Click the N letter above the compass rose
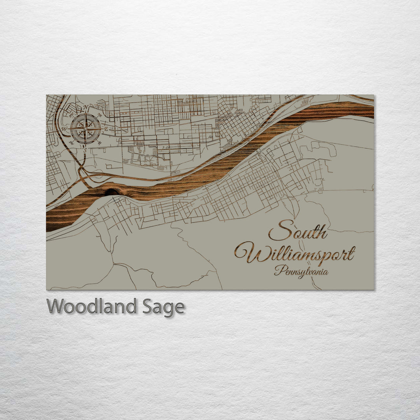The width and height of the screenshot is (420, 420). [86, 108]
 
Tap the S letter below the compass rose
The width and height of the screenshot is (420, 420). [86, 150]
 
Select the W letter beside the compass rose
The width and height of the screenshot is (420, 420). [65, 129]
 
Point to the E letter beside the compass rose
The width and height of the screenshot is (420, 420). [106, 129]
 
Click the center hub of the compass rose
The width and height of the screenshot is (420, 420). [86, 129]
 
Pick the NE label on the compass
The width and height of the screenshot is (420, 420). [100, 115]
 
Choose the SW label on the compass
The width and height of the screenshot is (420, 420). [71, 143]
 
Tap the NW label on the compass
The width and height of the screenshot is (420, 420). [71, 115]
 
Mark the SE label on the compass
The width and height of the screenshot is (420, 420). [100, 143]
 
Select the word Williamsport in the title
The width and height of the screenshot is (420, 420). [295, 254]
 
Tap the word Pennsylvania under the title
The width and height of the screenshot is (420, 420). [301, 271]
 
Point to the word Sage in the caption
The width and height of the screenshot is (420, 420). [163, 307]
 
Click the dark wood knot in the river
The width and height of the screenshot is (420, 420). [112, 192]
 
